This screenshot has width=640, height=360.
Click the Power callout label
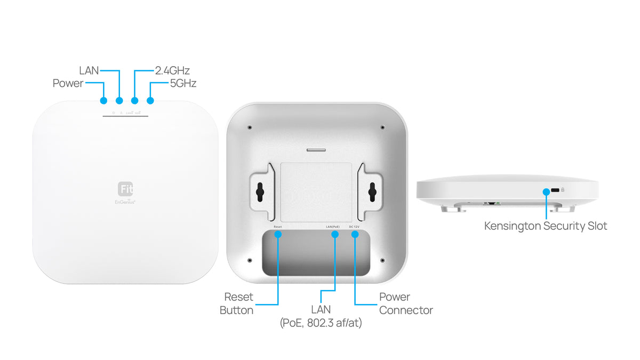coord(68,83)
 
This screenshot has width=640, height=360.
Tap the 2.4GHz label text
coord(172,70)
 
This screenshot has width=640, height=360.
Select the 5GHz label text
coord(183,83)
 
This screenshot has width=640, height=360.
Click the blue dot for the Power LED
coord(103,100)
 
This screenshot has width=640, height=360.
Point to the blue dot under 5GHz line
coord(150,100)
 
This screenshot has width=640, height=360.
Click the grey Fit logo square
coord(125,189)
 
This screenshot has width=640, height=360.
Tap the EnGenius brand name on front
coord(125,202)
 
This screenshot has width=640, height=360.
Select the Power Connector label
coord(405,303)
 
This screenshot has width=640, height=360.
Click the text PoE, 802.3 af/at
coord(321,323)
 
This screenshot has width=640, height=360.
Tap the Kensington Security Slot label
coord(545,226)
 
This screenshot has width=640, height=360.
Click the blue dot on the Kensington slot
coord(546,191)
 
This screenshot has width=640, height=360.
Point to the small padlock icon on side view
coord(563,190)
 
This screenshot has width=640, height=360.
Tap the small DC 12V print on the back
coord(355,227)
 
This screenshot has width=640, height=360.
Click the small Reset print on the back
coord(277,227)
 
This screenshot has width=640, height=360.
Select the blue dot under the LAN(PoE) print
coord(335,235)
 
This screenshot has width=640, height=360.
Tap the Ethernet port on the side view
coord(490,203)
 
